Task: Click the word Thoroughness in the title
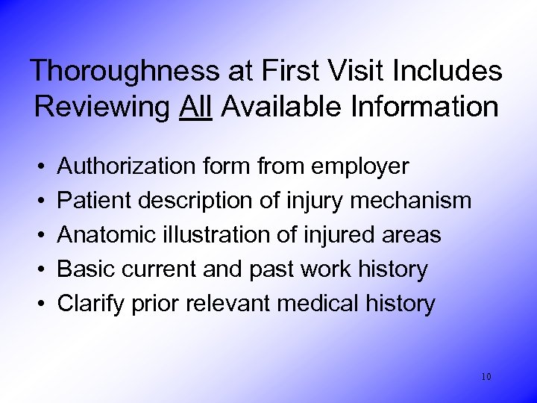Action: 123,71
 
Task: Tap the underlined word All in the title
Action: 196,107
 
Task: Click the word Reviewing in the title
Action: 102,107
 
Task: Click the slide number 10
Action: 486,377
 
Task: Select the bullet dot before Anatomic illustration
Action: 38,236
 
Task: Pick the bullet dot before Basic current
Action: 38,270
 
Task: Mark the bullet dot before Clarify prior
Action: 38,304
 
